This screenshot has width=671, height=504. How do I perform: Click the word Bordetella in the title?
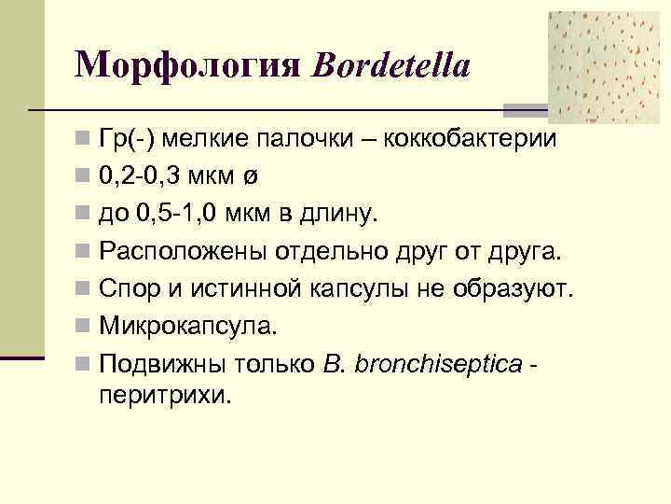coord(392,65)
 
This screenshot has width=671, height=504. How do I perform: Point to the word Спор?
coord(129,288)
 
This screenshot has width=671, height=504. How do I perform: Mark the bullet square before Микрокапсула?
coord(85,328)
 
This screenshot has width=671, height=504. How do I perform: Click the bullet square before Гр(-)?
coord(85,140)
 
